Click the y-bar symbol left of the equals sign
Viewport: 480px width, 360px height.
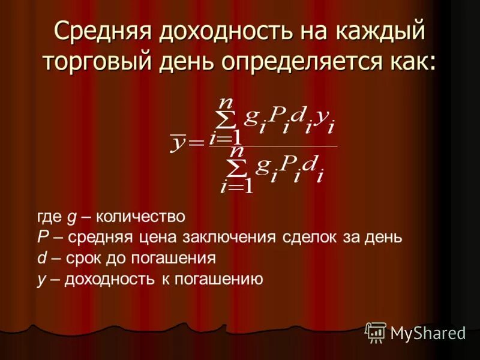point(179,143)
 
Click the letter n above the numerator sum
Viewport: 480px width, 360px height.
point(225,103)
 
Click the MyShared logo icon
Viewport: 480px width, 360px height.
point(376,332)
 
